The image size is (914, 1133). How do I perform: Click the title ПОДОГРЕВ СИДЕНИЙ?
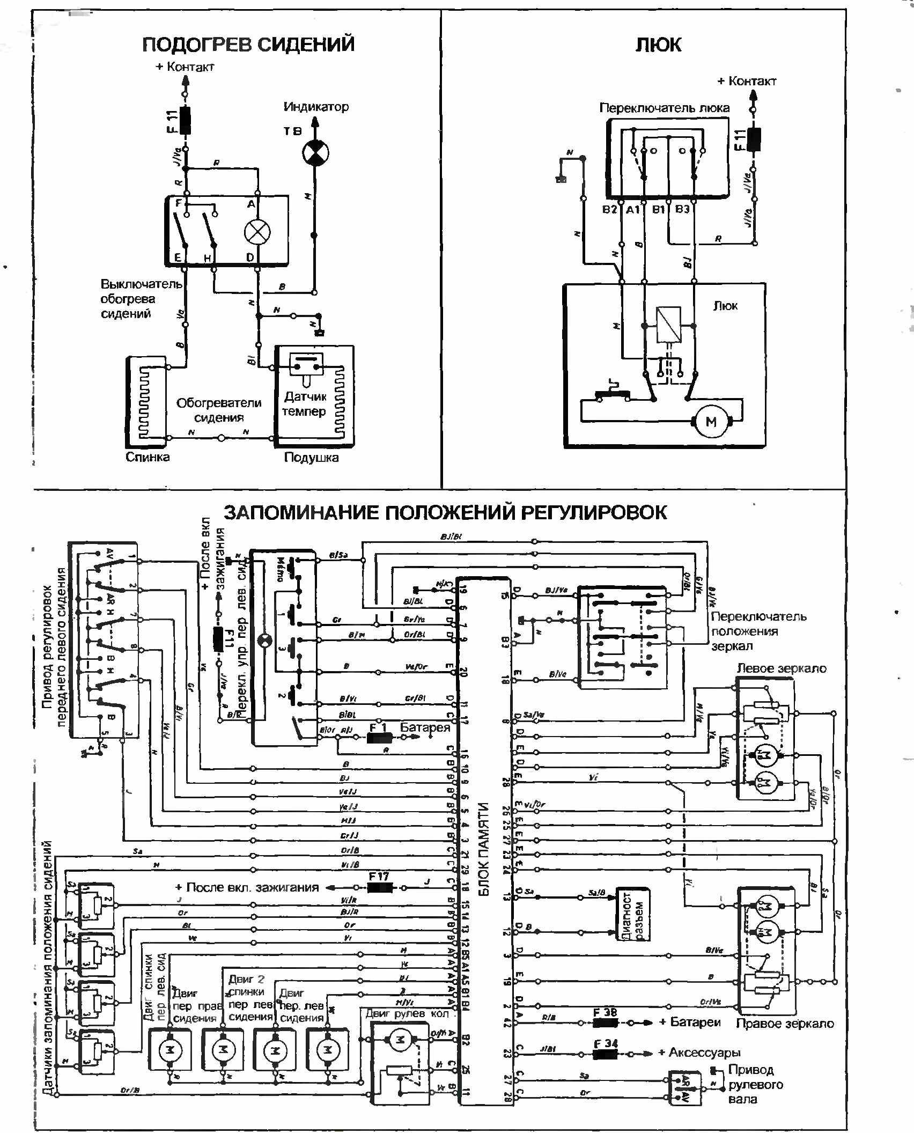(x=248, y=44)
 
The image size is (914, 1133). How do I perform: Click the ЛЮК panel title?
(x=658, y=45)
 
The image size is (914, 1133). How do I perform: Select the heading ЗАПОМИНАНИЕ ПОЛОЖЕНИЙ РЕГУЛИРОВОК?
(x=445, y=512)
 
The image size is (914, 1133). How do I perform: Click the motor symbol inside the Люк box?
(x=711, y=422)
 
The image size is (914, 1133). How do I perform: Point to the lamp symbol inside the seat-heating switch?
(x=257, y=232)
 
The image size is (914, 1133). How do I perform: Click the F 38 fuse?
(x=606, y=1022)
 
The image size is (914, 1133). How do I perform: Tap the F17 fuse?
(x=379, y=887)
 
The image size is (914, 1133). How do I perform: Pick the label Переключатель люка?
(x=664, y=108)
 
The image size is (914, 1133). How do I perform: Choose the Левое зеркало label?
(x=782, y=668)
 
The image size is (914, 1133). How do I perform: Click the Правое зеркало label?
(x=785, y=1024)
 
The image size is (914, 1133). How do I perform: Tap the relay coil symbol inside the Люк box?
(x=668, y=325)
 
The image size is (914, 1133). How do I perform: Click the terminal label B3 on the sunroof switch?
(x=682, y=209)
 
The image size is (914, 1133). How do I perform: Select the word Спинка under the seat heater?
(x=148, y=457)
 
